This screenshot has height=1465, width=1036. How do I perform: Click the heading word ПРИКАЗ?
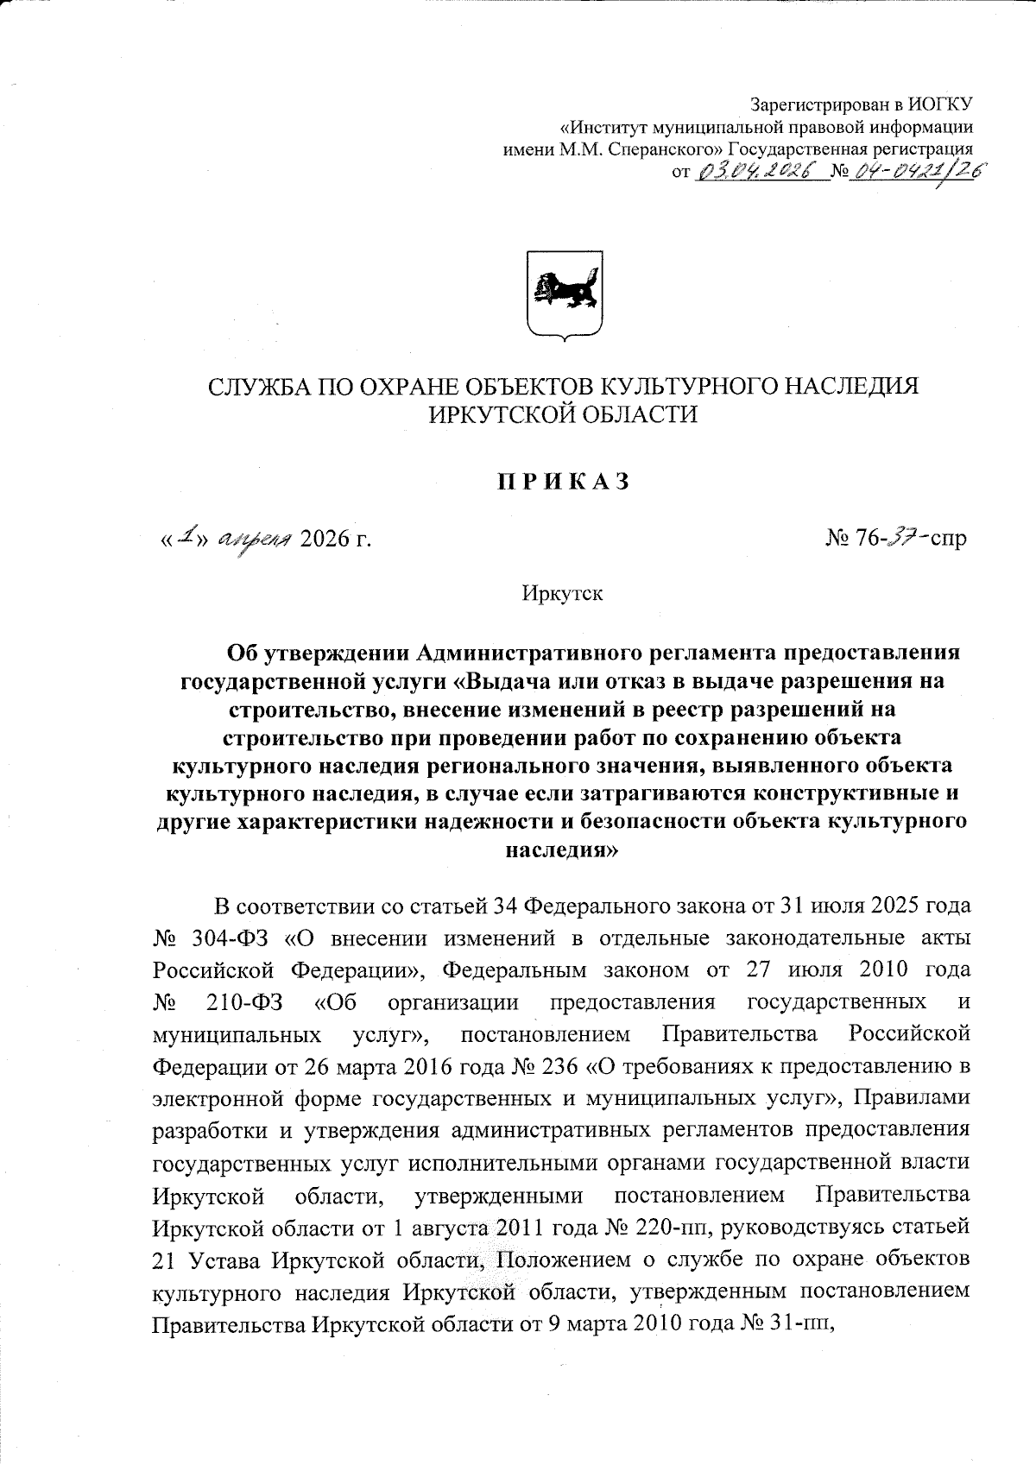pyautogui.click(x=561, y=482)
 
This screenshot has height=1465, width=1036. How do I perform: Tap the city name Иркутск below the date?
pyautogui.click(x=562, y=594)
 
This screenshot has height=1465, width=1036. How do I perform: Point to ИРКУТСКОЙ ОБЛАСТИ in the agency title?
pyautogui.click(x=563, y=415)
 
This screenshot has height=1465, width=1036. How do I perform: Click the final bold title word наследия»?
pyautogui.click(x=561, y=849)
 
